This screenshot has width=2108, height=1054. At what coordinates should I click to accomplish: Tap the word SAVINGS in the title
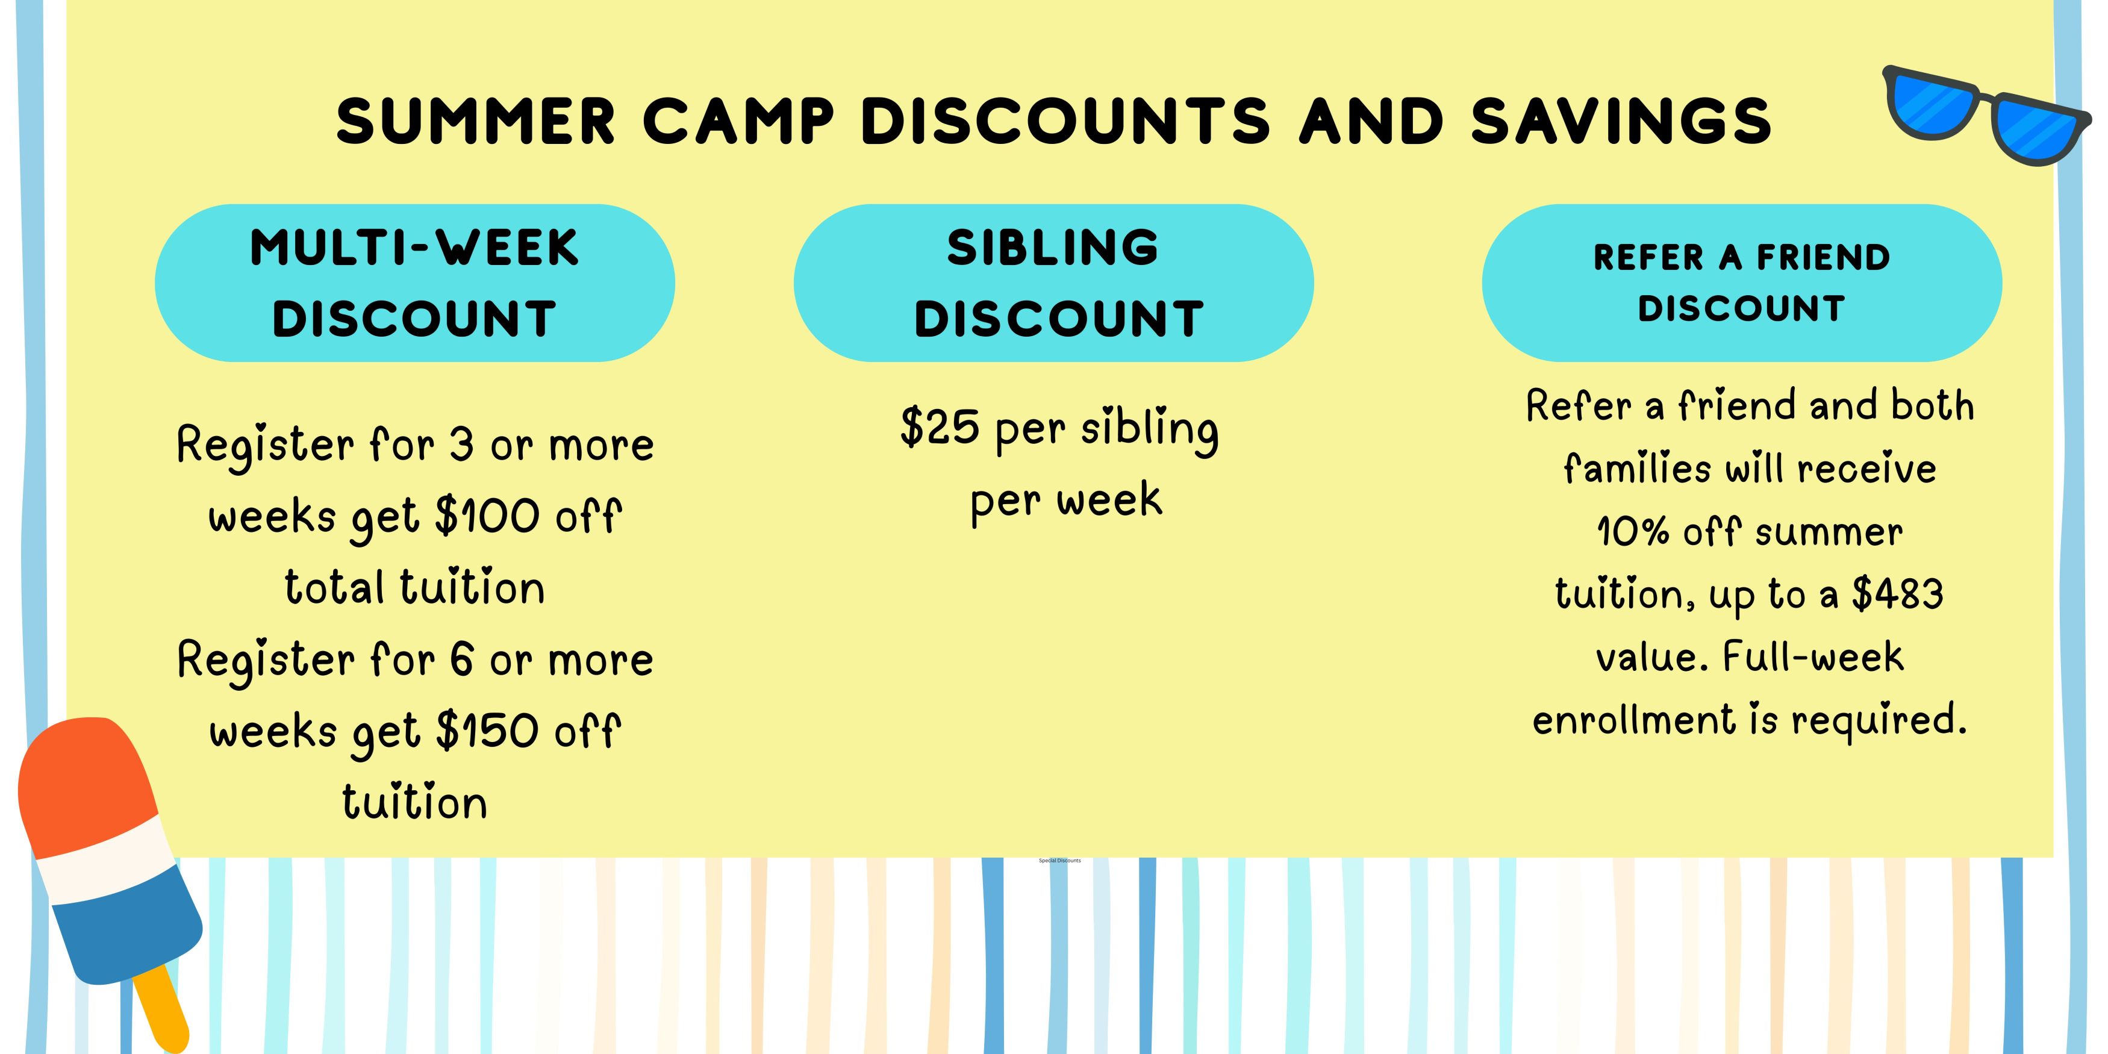[1621, 121]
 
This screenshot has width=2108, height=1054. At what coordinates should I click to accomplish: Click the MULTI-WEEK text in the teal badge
[414, 248]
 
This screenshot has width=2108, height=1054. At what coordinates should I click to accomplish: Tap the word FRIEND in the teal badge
[1824, 258]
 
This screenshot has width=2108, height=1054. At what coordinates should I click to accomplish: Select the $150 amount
[488, 731]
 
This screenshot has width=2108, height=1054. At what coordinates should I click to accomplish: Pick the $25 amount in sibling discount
[940, 426]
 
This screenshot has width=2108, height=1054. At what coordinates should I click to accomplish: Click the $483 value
[1898, 593]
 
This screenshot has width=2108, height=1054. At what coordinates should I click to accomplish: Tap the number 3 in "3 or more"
[463, 445]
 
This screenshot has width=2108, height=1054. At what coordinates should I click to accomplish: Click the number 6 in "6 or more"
[463, 660]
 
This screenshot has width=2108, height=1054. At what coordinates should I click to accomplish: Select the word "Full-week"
[1813, 657]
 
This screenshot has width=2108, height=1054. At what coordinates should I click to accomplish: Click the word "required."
[1879, 720]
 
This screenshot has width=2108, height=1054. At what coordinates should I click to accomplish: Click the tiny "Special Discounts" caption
[1060, 861]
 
